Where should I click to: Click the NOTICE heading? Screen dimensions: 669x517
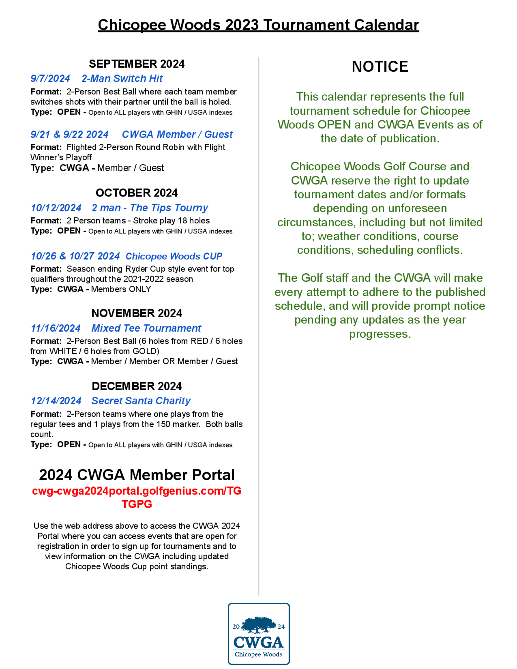tap(380, 66)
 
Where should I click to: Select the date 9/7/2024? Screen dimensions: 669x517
tap(50, 78)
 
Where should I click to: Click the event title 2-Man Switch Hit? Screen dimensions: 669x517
tap(122, 78)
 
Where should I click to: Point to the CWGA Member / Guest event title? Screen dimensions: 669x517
tap(177, 134)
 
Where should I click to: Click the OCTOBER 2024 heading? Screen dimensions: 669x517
tap(136, 193)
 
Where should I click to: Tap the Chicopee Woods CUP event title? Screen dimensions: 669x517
tap(174, 256)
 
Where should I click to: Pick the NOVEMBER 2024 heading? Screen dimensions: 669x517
tap(136, 313)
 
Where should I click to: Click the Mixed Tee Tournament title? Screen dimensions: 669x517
tap(146, 328)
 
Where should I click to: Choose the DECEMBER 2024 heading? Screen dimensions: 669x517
tap(136, 386)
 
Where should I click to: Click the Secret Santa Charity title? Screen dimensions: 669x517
tap(141, 401)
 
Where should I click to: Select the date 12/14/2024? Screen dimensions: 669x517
tap(56, 401)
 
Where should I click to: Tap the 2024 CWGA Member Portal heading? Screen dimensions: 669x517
tap(136, 475)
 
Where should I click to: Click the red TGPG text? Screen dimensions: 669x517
tap(136, 504)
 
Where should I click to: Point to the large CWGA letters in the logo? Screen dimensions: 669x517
tap(258, 642)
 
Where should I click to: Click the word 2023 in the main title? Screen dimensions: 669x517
tap(242, 25)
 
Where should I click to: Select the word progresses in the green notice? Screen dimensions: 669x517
tap(380, 334)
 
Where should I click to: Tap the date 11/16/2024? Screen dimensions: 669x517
tap(55, 328)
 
